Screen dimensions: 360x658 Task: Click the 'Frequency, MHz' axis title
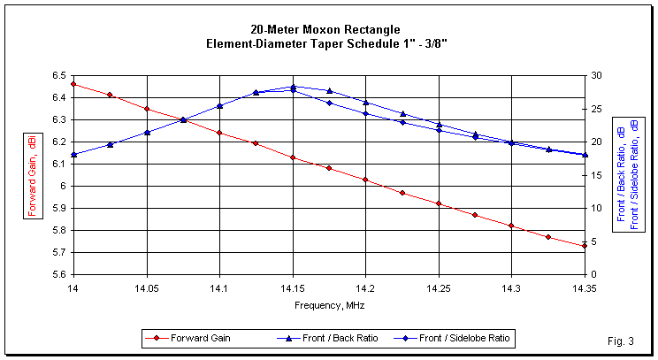329,304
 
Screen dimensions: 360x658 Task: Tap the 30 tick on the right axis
599,75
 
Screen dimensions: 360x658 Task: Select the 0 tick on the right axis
596,274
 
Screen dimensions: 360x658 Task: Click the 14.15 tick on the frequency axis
293,287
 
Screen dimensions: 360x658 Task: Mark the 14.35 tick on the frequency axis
585,287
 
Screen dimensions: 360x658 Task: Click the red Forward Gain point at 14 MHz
73,84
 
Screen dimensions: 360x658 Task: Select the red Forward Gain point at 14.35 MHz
585,246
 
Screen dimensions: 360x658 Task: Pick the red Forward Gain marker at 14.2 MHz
365,180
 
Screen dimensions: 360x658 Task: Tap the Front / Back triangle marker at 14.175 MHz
329,91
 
